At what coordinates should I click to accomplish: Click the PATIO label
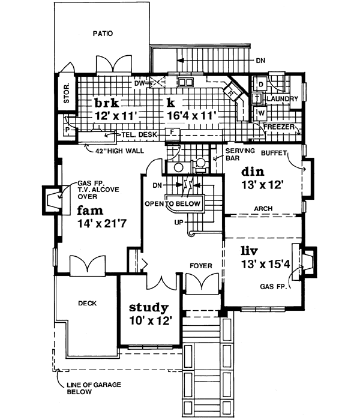[x=102, y=33]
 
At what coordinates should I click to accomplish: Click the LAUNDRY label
[x=281, y=98]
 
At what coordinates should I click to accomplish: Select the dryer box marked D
[x=261, y=84]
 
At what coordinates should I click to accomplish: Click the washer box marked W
[x=261, y=112]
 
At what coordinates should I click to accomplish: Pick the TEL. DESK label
[x=139, y=134]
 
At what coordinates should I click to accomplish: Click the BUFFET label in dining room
[x=275, y=153]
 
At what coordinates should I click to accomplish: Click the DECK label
[x=86, y=304]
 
